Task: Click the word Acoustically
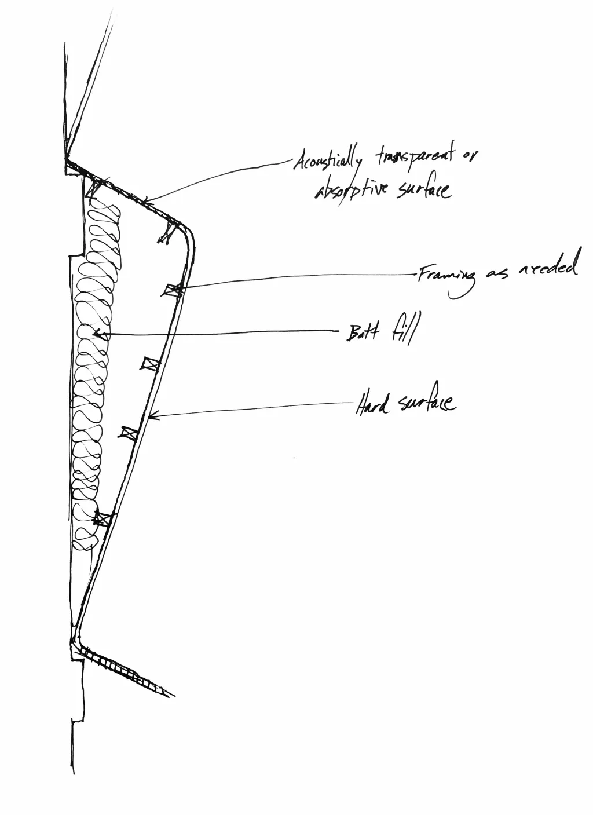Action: [x=327, y=160]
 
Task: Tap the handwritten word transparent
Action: [x=415, y=157]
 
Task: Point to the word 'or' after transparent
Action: [x=470, y=156]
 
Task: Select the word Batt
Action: [x=363, y=332]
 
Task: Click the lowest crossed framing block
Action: [x=103, y=518]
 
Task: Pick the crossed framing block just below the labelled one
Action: [x=150, y=364]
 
